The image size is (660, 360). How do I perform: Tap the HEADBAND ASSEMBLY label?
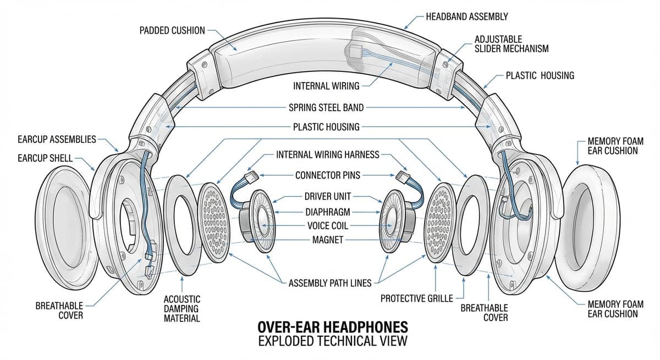(x=466, y=16)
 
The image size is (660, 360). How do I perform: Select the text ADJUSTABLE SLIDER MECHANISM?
(x=511, y=44)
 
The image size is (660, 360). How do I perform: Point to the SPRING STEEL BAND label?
(x=326, y=107)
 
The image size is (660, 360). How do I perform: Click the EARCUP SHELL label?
(x=45, y=158)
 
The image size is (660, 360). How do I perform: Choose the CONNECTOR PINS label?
(x=328, y=175)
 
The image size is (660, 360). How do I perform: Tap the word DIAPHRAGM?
(x=327, y=211)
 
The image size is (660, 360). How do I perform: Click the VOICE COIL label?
(x=327, y=225)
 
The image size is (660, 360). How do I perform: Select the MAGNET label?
(x=327, y=240)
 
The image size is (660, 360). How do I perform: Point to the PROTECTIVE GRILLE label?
(x=417, y=298)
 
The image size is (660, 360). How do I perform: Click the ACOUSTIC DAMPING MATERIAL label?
(x=182, y=308)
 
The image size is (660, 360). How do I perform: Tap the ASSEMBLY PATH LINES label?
(x=330, y=284)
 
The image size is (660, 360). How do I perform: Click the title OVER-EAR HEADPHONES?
(x=333, y=327)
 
